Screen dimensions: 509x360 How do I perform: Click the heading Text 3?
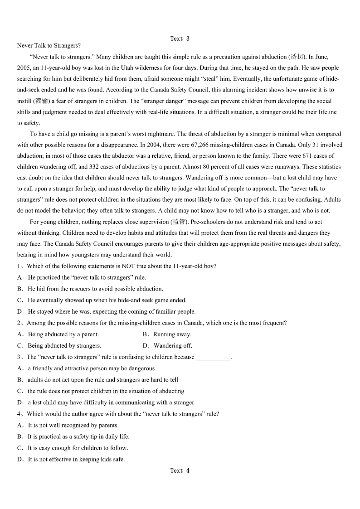tap(180, 39)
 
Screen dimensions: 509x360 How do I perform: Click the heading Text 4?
tap(180, 470)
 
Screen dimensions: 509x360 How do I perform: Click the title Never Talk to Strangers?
tap(49, 46)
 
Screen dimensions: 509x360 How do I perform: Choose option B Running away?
tap(172, 334)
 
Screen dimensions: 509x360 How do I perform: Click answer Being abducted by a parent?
tap(63, 334)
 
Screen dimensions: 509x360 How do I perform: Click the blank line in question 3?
tap(213, 358)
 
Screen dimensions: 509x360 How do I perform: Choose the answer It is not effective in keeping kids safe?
tap(76, 459)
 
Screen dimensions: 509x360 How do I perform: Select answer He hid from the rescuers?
tap(95, 289)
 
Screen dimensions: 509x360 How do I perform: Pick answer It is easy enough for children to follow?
tap(78, 448)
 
